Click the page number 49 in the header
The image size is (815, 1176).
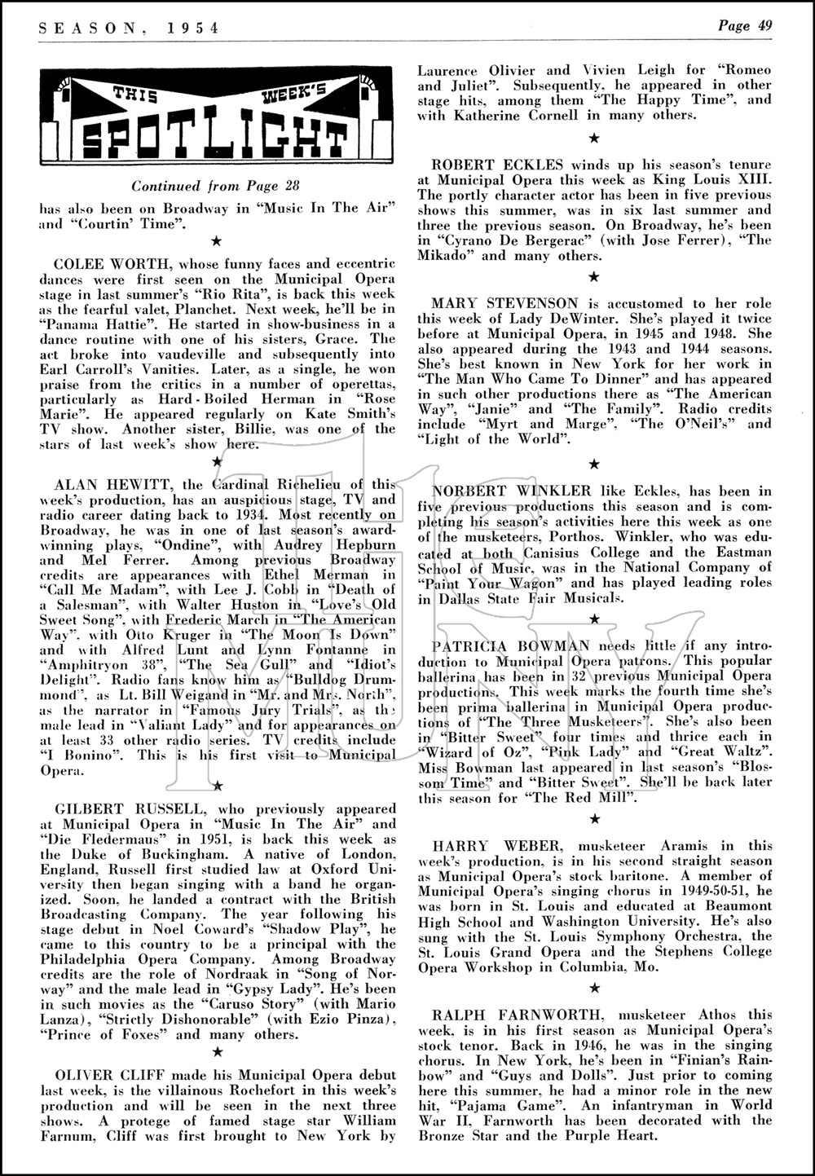[764, 25]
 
